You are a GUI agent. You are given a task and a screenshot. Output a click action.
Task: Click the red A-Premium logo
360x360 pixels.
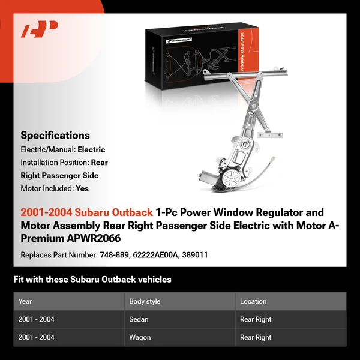(40, 29)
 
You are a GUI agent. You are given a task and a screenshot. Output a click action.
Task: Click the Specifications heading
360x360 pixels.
(55, 135)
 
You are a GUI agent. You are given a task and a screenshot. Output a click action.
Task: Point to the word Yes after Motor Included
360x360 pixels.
(82, 188)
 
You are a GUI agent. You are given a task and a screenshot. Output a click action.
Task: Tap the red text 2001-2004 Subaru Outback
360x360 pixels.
(86, 212)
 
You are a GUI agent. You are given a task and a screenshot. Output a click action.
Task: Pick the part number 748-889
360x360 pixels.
(114, 255)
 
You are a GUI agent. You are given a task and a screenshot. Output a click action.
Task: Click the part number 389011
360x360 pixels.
(196, 255)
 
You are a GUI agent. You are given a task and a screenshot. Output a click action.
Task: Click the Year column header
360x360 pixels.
(25, 301)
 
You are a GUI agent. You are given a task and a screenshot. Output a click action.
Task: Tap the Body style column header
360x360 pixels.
(145, 301)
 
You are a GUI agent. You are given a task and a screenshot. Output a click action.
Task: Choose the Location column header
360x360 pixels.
(253, 301)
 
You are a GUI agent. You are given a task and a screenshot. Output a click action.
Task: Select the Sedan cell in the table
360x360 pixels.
(140, 319)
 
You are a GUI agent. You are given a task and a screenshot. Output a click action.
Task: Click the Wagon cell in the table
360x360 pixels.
(140, 337)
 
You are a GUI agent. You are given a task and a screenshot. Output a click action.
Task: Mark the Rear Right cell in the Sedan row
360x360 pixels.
(256, 319)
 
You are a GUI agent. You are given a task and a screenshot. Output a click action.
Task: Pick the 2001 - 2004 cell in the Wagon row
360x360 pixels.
(37, 337)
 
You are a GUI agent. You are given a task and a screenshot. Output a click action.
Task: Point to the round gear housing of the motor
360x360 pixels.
(231, 177)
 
